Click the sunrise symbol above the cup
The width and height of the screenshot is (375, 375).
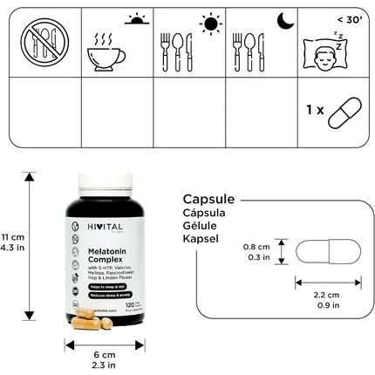(133, 19)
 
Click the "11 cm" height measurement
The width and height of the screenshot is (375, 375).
(13, 237)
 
